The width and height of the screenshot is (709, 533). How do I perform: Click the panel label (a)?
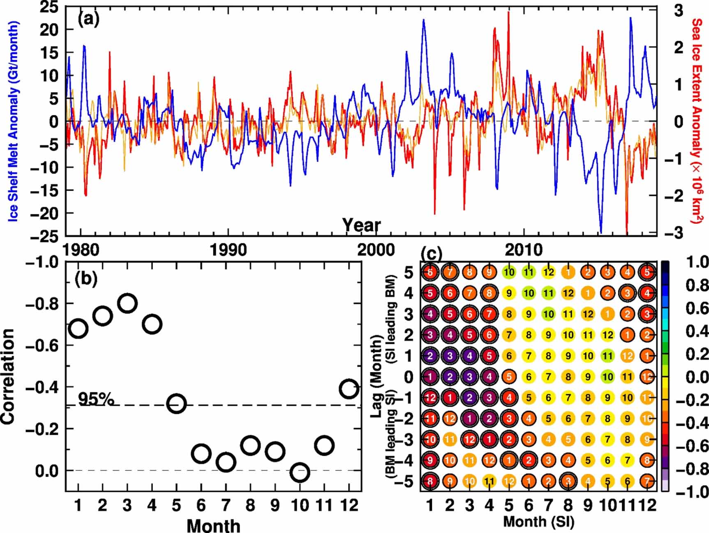pyautogui.click(x=88, y=19)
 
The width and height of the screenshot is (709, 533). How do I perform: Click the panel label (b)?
pyautogui.click(x=86, y=278)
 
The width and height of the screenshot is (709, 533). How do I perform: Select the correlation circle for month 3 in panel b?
pyautogui.click(x=127, y=304)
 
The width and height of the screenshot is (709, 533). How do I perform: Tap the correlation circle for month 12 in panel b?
pyautogui.click(x=349, y=388)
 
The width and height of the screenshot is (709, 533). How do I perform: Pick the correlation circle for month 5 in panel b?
pyautogui.click(x=177, y=404)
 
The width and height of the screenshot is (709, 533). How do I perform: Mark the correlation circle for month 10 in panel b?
pyautogui.click(x=300, y=473)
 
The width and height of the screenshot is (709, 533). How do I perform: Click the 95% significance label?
pyautogui.click(x=95, y=399)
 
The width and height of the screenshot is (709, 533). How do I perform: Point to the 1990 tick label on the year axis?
pyautogui.click(x=229, y=250)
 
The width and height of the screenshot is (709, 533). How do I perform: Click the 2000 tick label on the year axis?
pyautogui.click(x=376, y=250)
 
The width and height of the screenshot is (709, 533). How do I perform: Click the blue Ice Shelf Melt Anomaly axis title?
pyautogui.click(x=14, y=121)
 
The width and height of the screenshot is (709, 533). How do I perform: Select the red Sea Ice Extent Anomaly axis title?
pyautogui.click(x=696, y=121)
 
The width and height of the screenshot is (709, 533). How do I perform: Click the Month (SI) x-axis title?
pyautogui.click(x=538, y=521)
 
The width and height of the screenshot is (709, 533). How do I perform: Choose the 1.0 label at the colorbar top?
pyautogui.click(x=697, y=262)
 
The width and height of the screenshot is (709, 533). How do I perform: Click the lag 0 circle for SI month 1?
pyautogui.click(x=430, y=376)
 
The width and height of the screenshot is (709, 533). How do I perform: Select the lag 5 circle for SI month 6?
pyautogui.click(x=529, y=272)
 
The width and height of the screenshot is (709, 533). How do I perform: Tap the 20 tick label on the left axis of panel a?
pyautogui.click(x=49, y=30)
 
